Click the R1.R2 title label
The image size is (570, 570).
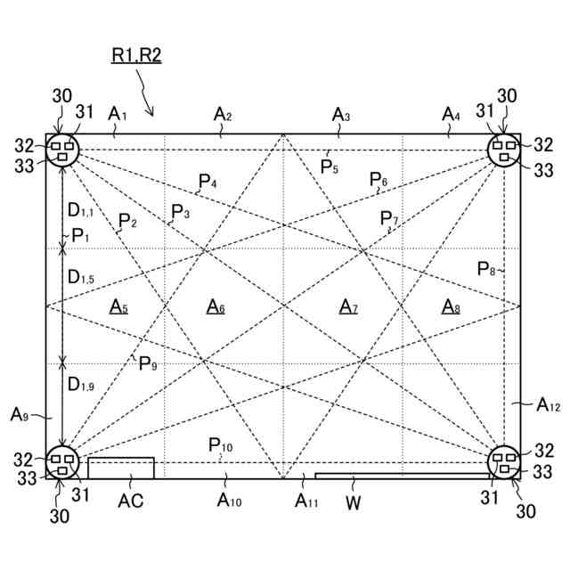(136, 54)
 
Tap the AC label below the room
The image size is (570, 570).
(131, 501)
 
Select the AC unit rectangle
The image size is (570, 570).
(120, 468)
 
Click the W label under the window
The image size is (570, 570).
(353, 501)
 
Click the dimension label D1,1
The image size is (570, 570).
(80, 211)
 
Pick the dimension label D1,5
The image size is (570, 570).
(80, 277)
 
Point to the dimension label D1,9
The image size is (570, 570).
(80, 385)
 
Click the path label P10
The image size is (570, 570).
(221, 445)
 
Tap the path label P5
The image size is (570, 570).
(330, 167)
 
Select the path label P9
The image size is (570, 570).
(147, 363)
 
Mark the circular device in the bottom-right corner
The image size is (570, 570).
(505, 462)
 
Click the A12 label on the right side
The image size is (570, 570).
(548, 405)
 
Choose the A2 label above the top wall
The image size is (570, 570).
(223, 114)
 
